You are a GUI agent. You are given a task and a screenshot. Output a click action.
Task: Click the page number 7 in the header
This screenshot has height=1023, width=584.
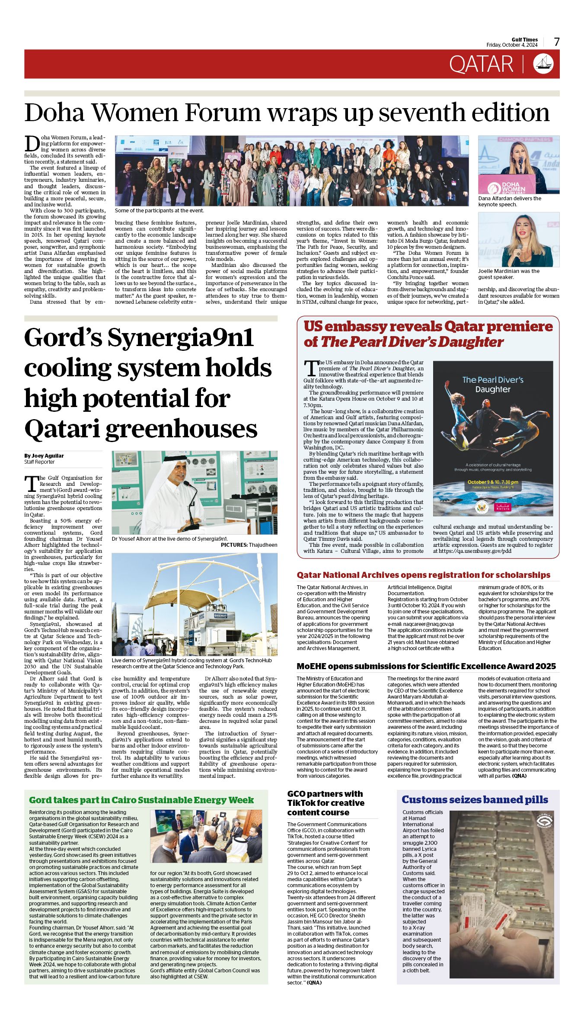click(x=557, y=42)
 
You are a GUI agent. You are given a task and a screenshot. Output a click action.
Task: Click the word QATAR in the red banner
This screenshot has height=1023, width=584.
click(x=481, y=64)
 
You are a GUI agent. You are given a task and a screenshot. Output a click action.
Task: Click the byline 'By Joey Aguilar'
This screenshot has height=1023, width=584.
click(x=44, y=455)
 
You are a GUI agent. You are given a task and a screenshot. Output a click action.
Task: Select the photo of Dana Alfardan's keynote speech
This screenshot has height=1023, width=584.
click(x=518, y=165)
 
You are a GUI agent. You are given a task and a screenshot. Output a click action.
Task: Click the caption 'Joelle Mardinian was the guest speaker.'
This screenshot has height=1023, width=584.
click(x=508, y=274)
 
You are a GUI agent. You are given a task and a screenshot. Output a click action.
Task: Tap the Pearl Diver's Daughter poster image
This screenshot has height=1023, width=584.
click(x=493, y=438)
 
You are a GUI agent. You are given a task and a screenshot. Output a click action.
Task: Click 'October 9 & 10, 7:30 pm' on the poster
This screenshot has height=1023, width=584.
click(x=492, y=482)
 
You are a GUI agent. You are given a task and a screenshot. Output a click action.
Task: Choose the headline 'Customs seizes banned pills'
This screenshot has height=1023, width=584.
click(x=475, y=799)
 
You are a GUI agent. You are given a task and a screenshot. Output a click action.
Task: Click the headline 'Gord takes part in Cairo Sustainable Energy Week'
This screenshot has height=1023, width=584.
click(x=141, y=800)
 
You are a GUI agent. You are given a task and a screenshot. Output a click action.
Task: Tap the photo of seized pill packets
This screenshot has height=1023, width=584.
click(x=501, y=895)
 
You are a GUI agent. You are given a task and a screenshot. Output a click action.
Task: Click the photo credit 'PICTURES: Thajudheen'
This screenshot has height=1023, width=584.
click(x=249, y=545)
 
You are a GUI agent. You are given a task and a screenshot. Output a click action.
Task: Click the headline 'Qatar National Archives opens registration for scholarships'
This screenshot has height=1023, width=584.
click(x=423, y=575)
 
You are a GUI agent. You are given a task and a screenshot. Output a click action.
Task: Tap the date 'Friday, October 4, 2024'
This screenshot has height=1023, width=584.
click(x=512, y=45)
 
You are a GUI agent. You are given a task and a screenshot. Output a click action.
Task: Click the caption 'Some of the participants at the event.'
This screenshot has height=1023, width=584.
click(x=159, y=211)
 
